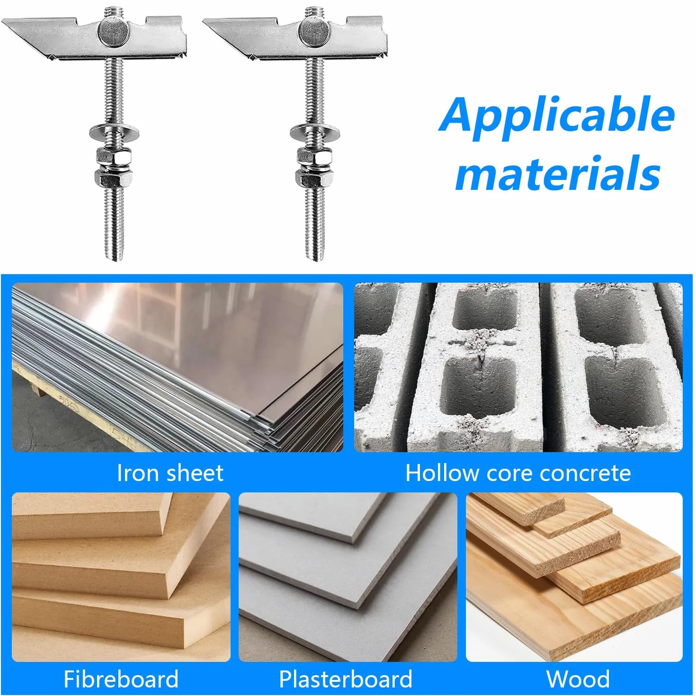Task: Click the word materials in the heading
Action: click(x=558, y=173)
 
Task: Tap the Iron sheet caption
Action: click(x=170, y=473)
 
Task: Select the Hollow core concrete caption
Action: click(x=518, y=473)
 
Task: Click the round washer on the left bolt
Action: click(x=115, y=132)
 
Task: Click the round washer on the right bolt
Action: click(x=315, y=132)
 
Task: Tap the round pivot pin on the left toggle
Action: click(x=114, y=32)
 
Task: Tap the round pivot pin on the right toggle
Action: click(x=314, y=32)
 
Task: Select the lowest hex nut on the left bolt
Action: click(x=114, y=177)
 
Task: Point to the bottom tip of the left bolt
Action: click(x=115, y=260)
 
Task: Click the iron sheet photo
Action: click(x=178, y=367)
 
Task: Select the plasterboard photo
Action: click(x=348, y=577)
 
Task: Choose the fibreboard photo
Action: click(x=121, y=577)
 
